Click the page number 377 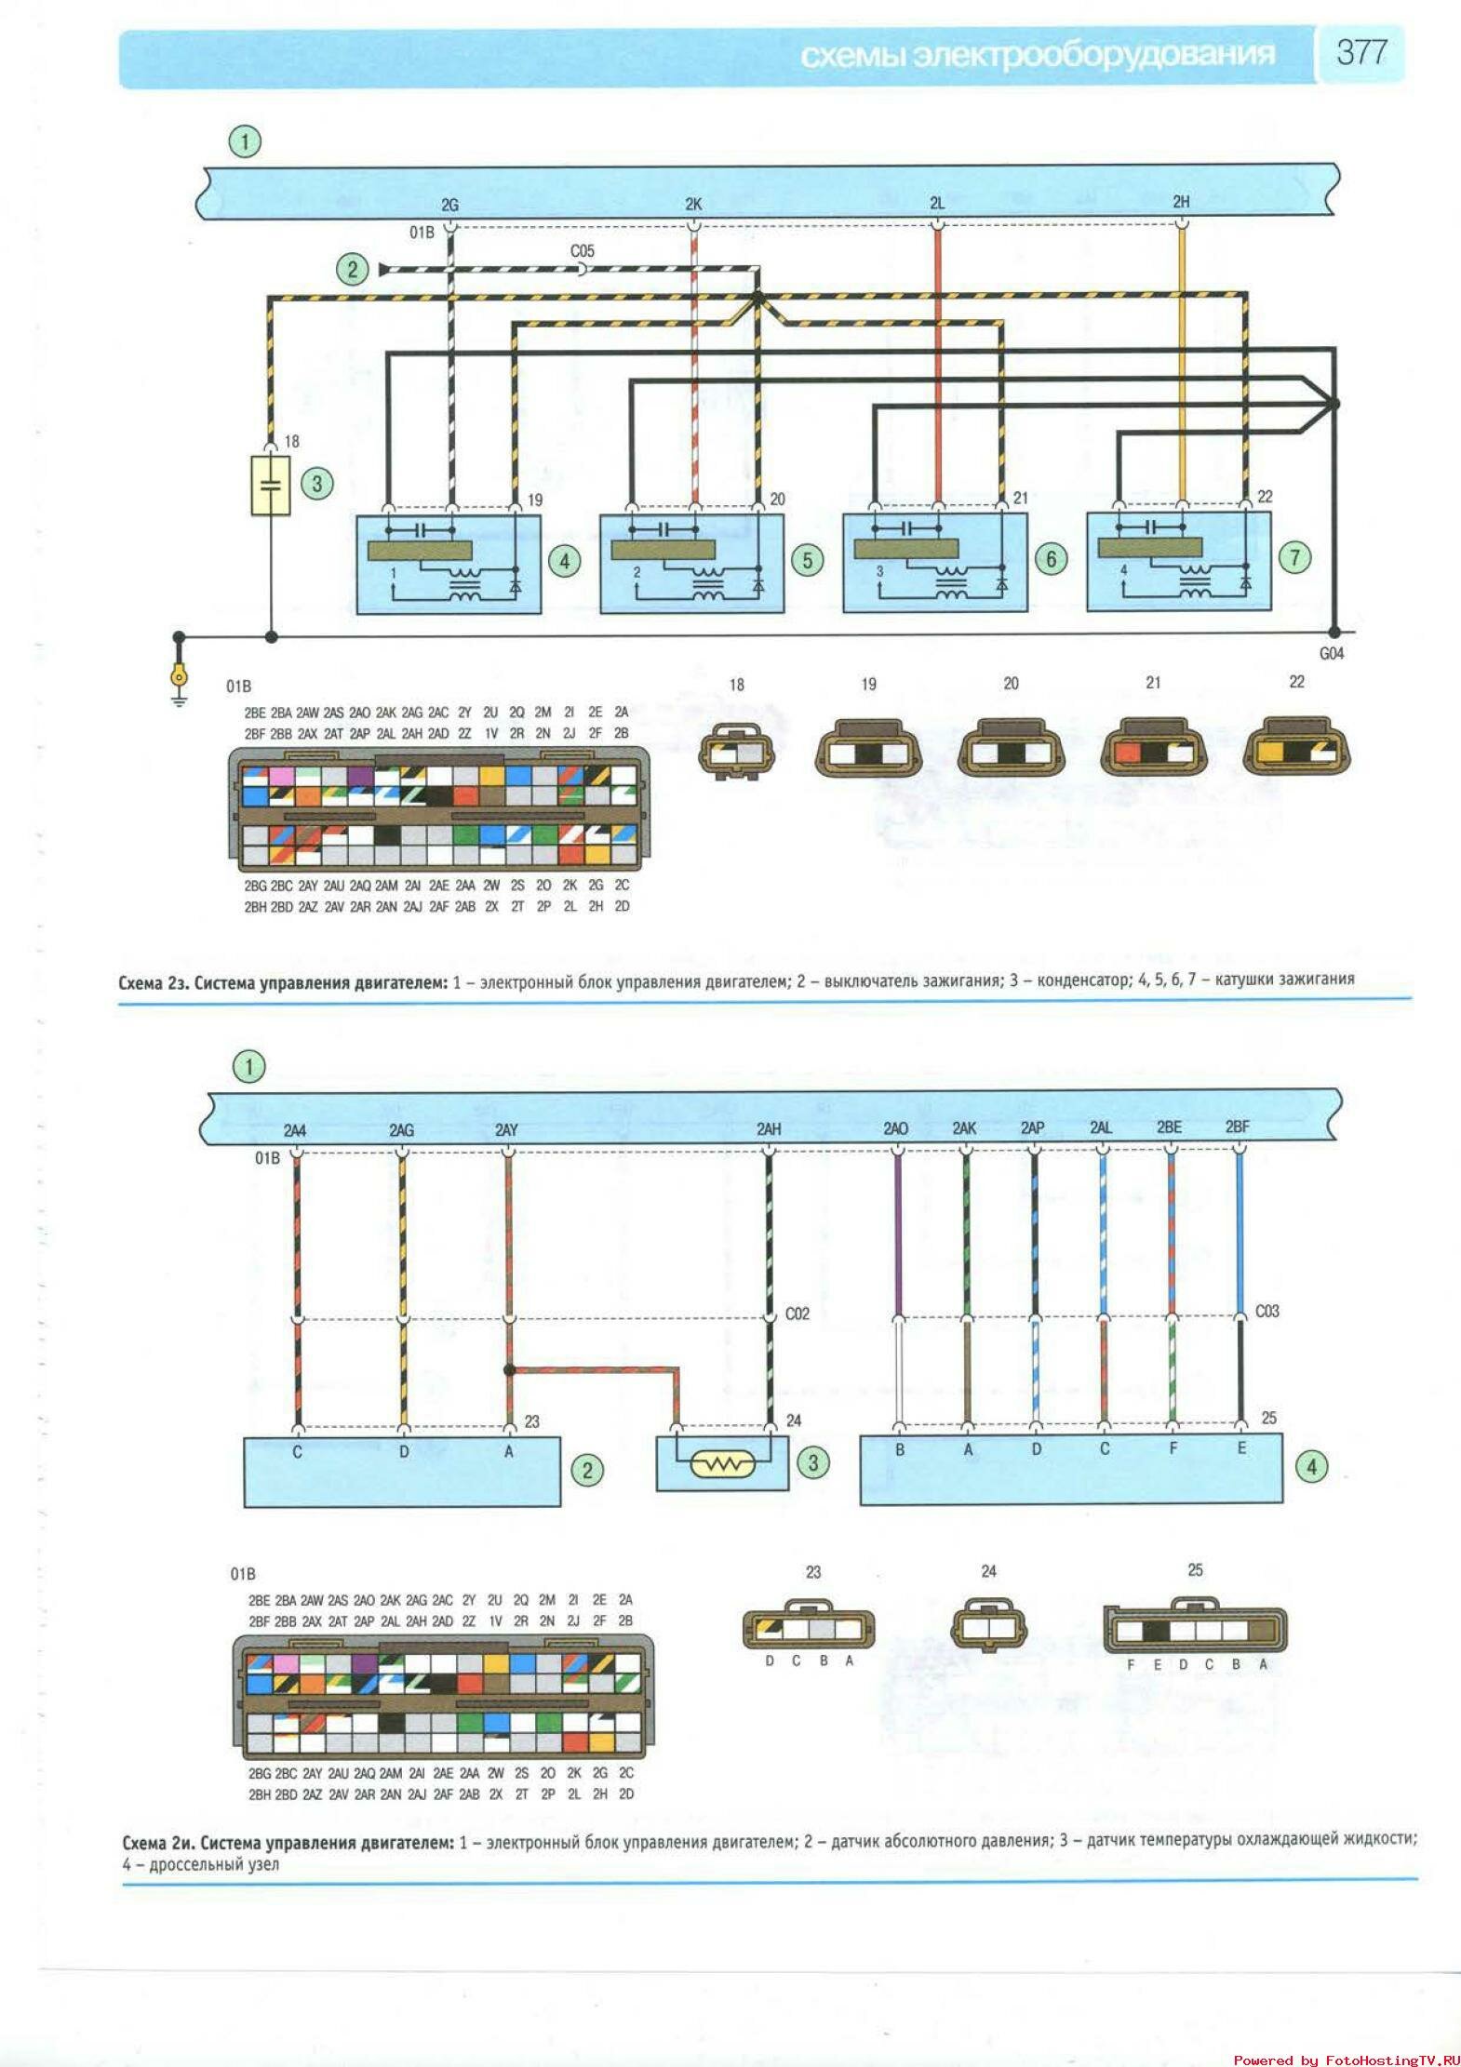[1361, 52]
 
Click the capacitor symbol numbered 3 [271, 485]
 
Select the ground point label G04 [1332, 654]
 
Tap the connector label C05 [583, 251]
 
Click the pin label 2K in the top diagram [693, 204]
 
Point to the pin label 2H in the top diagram [1181, 202]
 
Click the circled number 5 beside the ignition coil [807, 560]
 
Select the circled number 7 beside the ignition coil [1294, 557]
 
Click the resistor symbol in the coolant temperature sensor [723, 1465]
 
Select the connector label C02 [798, 1314]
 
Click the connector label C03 [1267, 1311]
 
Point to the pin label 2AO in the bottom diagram [895, 1128]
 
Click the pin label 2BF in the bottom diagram [1237, 1127]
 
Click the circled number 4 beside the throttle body [1312, 1467]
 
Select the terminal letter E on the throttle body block [1241, 1448]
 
